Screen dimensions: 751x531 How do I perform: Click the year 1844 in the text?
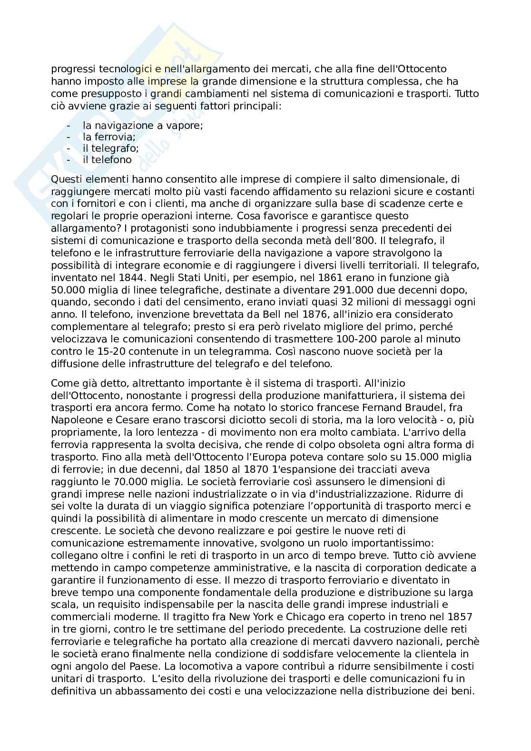point(128,277)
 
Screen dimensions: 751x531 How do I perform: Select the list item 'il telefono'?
point(107,160)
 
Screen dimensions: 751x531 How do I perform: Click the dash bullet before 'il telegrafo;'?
point(69,148)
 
